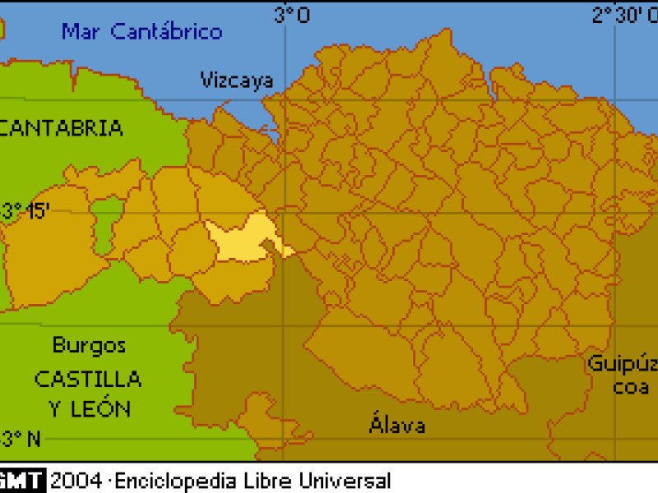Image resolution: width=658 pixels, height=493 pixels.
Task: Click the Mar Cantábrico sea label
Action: pos(141,32)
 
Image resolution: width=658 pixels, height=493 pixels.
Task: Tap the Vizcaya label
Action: pos(237,80)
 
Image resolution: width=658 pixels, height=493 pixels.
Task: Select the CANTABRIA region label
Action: pos(63,128)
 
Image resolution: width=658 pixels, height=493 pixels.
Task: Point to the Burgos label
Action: pos(89,345)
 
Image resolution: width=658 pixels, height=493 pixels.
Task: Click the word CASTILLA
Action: pos(87,380)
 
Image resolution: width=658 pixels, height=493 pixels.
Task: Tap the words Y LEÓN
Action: pos(89,408)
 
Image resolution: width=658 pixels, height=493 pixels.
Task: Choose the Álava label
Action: pos(397,425)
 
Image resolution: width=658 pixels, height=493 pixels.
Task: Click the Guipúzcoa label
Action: pos(623,375)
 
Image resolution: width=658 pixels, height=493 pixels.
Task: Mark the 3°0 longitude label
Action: pos(292,15)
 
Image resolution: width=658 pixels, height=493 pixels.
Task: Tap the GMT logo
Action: pos(22,480)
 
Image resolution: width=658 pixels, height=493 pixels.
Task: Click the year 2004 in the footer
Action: pos(76,480)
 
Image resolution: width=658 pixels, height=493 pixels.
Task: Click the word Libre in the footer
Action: pos(266,480)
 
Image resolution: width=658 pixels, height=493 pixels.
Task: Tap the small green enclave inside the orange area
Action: pos(106,225)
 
